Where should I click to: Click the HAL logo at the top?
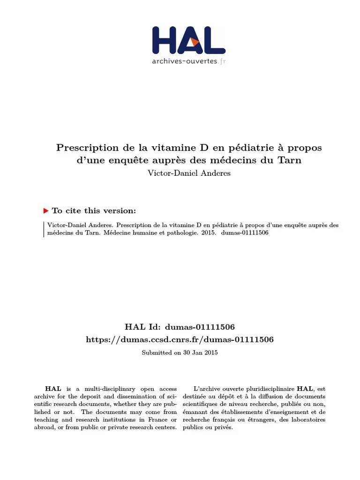coord(188,40)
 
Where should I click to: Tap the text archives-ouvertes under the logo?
coord(185,61)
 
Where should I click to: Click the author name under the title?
coord(189,173)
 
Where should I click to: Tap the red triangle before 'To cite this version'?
coord(46,211)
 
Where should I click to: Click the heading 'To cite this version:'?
coord(94,211)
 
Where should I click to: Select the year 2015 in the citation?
coord(208,233)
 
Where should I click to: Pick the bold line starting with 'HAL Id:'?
coord(180,327)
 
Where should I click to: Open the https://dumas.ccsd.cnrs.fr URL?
coord(180,339)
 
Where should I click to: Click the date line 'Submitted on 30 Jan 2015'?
coord(180,352)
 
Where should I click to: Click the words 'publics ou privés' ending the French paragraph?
coord(208,427)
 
